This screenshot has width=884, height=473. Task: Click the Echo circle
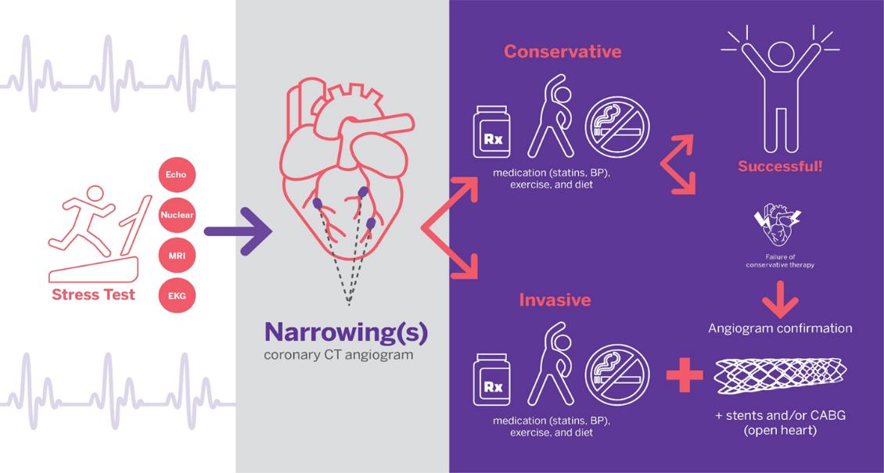(x=177, y=174)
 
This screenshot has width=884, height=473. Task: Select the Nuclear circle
(x=177, y=215)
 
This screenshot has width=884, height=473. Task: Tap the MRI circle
(x=177, y=256)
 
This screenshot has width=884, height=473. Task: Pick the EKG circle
(x=177, y=296)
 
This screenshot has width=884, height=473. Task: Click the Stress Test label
(x=94, y=295)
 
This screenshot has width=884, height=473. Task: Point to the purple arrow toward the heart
(x=238, y=231)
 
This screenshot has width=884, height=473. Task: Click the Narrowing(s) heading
(x=346, y=333)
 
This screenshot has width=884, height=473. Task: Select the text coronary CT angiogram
(x=338, y=356)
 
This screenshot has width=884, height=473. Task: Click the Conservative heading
(x=562, y=52)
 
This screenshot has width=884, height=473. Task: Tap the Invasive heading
(x=555, y=299)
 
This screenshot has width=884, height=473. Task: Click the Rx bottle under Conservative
(x=491, y=131)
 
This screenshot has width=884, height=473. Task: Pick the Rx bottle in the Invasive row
(x=491, y=379)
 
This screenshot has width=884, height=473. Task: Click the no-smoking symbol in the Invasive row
(x=617, y=376)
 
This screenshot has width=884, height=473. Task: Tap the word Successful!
(x=780, y=167)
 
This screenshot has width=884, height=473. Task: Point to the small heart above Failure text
(x=780, y=227)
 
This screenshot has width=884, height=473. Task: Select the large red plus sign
(x=685, y=375)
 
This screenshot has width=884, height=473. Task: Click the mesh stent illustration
(x=781, y=376)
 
